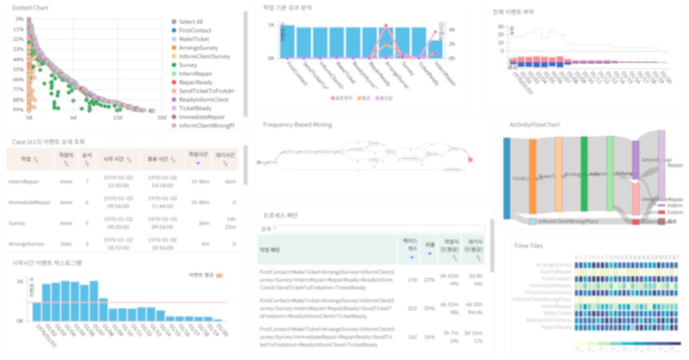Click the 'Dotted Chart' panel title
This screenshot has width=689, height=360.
26,7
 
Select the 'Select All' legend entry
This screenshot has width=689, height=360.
190,22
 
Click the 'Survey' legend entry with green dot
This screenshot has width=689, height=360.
188,65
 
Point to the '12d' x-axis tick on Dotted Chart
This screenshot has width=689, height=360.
118,118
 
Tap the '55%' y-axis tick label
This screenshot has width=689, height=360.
19,70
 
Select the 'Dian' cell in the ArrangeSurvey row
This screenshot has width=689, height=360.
66,245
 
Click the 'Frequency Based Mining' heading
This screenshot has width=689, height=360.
297,125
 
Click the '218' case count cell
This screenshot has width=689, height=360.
412,279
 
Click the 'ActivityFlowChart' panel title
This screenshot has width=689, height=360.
534,125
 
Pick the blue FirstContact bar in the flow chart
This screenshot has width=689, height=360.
506,178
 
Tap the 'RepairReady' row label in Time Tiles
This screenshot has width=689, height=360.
557,326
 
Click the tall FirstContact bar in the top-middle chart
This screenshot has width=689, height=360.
287,41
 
